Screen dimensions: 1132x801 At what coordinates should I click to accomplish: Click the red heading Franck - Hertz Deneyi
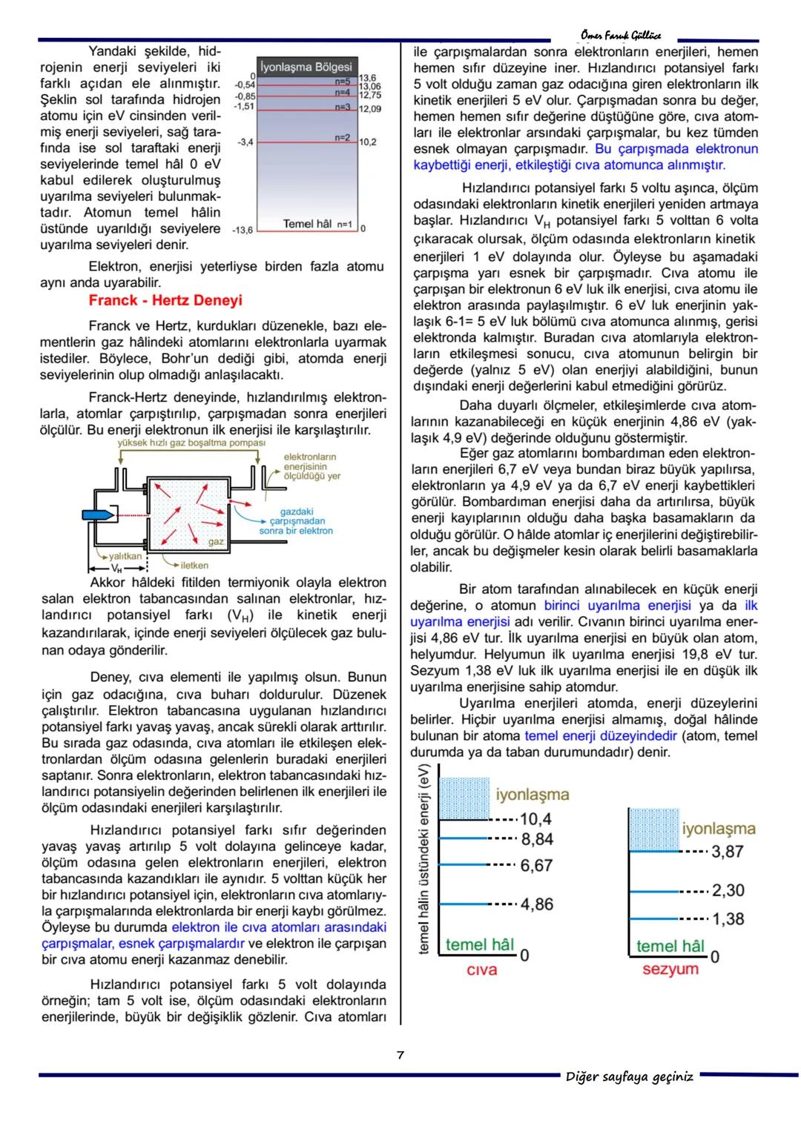pyautogui.click(x=165, y=300)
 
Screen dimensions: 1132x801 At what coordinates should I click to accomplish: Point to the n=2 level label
pyautogui.click(x=341, y=137)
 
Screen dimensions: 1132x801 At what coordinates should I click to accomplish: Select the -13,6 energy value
pyautogui.click(x=242, y=231)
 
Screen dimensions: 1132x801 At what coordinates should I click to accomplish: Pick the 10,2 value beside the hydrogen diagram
pyautogui.click(x=368, y=142)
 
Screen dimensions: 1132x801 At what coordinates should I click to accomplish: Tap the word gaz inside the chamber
pyautogui.click(x=216, y=542)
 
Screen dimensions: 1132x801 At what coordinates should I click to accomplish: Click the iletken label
pyautogui.click(x=194, y=565)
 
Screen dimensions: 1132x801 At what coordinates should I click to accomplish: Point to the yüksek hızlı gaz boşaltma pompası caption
pyautogui.click(x=191, y=443)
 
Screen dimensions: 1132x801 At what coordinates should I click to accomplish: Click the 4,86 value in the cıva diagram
pyautogui.click(x=537, y=904)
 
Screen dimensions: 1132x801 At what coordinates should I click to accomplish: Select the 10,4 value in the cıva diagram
pyautogui.click(x=535, y=819)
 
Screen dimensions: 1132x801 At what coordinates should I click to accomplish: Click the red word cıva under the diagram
pyautogui.click(x=481, y=970)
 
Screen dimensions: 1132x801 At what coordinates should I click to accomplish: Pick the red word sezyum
pyautogui.click(x=670, y=970)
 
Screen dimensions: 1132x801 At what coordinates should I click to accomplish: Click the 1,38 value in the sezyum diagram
pyautogui.click(x=728, y=918)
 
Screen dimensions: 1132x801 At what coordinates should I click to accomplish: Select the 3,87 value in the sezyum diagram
pyautogui.click(x=728, y=852)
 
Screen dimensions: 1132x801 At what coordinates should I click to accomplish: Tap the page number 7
pyautogui.click(x=400, y=1055)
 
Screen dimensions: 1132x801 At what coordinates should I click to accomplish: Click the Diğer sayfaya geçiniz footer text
pyautogui.click(x=630, y=1076)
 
